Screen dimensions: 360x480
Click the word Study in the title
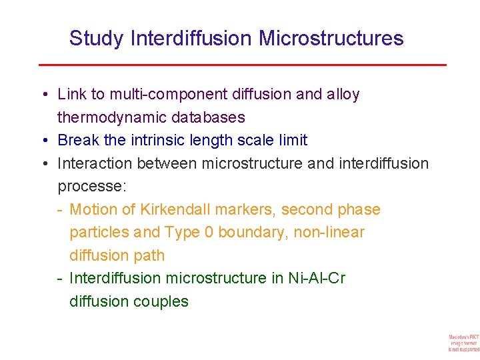pyautogui.click(x=96, y=39)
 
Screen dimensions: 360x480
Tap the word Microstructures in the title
pyautogui.click(x=331, y=39)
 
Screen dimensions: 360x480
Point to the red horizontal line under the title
pyautogui.click(x=242, y=65)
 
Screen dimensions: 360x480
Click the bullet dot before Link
pyautogui.click(x=43, y=95)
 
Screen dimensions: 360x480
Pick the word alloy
pyautogui.click(x=343, y=95)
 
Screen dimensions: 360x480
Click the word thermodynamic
pyautogui.click(x=111, y=118)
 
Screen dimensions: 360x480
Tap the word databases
pyautogui.click(x=209, y=118)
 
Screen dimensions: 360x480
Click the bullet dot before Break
pyautogui.click(x=43, y=141)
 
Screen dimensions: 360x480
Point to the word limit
pyautogui.click(x=293, y=141)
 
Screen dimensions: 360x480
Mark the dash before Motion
pyautogui.click(x=61, y=210)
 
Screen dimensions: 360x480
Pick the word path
pyautogui.click(x=148, y=255)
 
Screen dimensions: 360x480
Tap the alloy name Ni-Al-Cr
pyautogui.click(x=317, y=278)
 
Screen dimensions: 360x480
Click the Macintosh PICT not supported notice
pyautogui.click(x=463, y=341)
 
